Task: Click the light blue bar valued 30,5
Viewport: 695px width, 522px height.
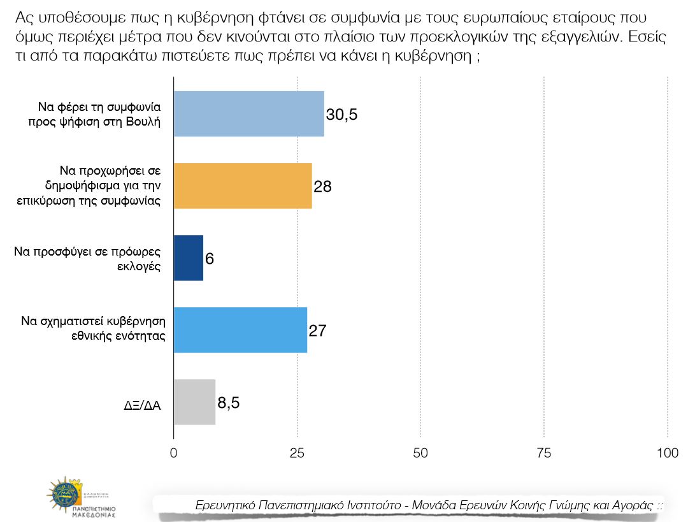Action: pyautogui.click(x=248, y=114)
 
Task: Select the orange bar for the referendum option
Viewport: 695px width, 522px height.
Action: pyautogui.click(x=243, y=186)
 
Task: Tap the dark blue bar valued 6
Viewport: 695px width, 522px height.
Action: pyautogui.click(x=188, y=257)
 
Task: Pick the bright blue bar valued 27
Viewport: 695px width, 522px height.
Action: pyautogui.click(x=240, y=330)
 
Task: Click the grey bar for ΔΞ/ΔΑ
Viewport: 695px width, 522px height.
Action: pyautogui.click(x=194, y=402)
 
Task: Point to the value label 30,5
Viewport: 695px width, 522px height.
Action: pyautogui.click(x=342, y=115)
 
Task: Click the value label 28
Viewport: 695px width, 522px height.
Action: pyautogui.click(x=323, y=187)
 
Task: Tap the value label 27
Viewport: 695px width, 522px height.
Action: pyautogui.click(x=317, y=330)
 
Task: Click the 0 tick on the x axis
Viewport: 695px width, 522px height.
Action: pyautogui.click(x=174, y=453)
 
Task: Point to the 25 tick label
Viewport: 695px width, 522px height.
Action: pyautogui.click(x=297, y=453)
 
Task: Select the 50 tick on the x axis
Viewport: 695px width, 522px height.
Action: pyautogui.click(x=420, y=453)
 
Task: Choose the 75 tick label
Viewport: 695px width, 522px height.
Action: pyautogui.click(x=543, y=453)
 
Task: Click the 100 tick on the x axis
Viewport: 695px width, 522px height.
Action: pyautogui.click(x=667, y=453)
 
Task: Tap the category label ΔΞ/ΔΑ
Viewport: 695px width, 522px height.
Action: pyautogui.click(x=142, y=404)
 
